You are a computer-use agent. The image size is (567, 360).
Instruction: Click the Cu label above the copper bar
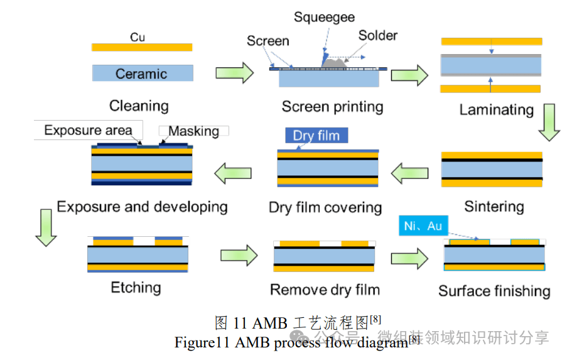click(x=138, y=37)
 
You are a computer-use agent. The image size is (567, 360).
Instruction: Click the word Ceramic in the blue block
click(x=141, y=74)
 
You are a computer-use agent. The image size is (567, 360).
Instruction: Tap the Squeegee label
click(x=324, y=17)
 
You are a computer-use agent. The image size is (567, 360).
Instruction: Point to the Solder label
click(x=378, y=35)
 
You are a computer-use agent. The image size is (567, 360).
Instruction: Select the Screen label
click(x=267, y=41)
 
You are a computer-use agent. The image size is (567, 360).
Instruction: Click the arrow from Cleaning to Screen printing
click(x=234, y=74)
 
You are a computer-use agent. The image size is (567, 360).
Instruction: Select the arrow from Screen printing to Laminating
click(x=409, y=75)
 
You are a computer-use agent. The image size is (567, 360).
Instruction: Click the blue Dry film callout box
click(x=316, y=135)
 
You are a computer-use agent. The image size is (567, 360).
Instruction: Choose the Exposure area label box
click(x=89, y=131)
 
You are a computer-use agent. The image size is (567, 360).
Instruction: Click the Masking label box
click(x=194, y=131)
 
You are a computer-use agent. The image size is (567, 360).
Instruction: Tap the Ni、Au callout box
click(x=423, y=226)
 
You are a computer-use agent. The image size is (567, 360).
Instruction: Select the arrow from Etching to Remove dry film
click(x=239, y=255)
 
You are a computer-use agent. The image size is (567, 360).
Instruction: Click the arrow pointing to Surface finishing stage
click(x=409, y=258)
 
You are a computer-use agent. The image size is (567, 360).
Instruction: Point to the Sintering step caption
click(x=494, y=206)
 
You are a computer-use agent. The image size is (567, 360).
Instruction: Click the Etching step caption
click(x=136, y=288)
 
